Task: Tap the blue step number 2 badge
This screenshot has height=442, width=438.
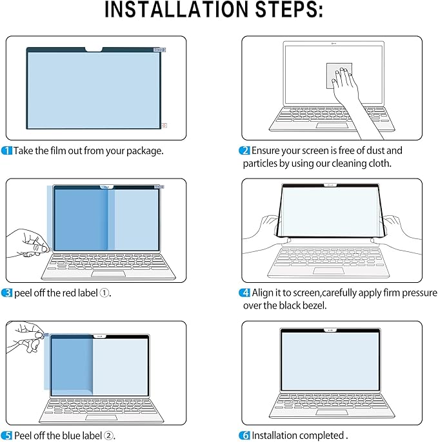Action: (245, 151)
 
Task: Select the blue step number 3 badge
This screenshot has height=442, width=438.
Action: (7, 293)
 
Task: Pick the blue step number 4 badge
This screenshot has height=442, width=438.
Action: (245, 293)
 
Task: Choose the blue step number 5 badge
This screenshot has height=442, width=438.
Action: (7, 436)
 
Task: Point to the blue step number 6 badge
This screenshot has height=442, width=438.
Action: (245, 436)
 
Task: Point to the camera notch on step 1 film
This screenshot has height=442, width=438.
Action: (94, 48)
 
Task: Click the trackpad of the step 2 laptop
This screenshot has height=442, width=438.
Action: (333, 124)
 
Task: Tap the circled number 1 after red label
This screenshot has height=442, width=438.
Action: (104, 293)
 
